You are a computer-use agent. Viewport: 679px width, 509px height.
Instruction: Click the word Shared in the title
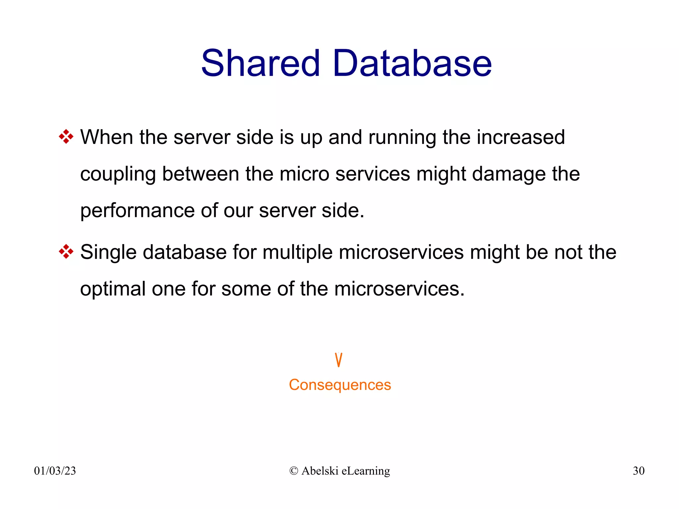point(261,63)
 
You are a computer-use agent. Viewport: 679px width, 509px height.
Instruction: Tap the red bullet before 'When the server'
point(66,137)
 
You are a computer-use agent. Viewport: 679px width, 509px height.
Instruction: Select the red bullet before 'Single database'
point(66,252)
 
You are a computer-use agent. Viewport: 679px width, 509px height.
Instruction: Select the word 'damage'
point(509,174)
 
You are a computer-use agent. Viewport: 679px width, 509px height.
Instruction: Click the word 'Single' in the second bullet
point(108,253)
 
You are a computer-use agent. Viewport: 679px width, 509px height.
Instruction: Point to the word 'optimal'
point(113,289)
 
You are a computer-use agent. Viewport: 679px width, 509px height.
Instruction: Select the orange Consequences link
point(340,385)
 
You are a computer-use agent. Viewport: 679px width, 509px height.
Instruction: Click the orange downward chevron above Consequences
point(339,360)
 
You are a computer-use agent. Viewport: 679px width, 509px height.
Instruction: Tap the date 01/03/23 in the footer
point(55,471)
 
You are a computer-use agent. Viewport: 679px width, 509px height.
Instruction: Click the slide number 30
point(639,471)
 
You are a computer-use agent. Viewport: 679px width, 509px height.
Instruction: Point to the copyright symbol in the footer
point(293,471)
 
